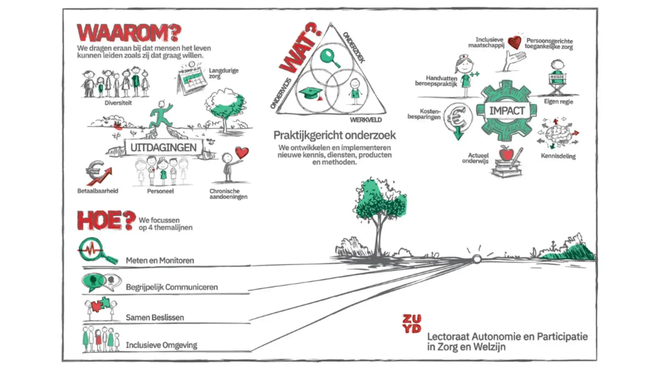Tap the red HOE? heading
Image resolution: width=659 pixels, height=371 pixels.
[105, 221]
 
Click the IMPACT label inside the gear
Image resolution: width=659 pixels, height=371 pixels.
[507, 111]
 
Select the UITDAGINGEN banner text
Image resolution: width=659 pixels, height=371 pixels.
[163, 148]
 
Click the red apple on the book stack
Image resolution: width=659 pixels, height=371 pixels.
[506, 153]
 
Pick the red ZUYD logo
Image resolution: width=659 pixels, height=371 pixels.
[412, 324]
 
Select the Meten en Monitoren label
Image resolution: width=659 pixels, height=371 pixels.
[160, 260]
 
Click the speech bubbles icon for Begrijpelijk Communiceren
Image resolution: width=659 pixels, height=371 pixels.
[101, 282]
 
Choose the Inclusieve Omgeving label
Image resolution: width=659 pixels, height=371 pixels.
[161, 345]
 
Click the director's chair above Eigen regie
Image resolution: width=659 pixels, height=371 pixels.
[558, 84]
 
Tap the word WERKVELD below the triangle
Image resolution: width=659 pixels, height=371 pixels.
[365, 120]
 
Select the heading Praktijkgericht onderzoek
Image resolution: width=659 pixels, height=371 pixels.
[334, 135]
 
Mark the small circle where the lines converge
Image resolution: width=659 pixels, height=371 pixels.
[476, 259]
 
